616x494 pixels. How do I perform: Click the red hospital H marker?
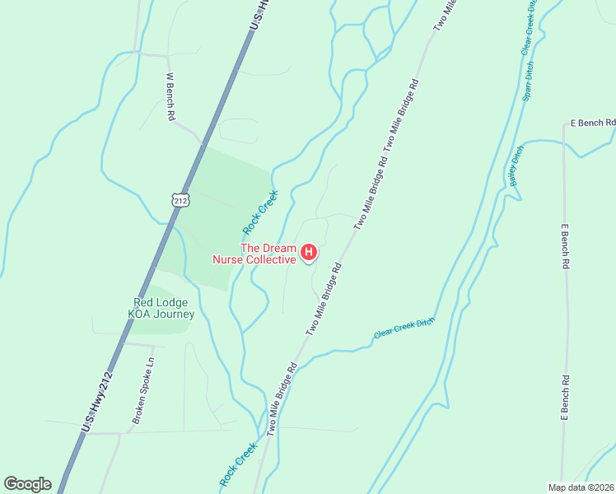[x=309, y=252]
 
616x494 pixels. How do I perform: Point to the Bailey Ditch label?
[x=516, y=166]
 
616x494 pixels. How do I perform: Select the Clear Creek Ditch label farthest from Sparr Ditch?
[x=404, y=328]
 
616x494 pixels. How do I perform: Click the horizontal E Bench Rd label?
[x=593, y=123]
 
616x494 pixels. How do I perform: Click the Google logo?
[x=27, y=484]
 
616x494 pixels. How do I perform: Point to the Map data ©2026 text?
[x=581, y=487]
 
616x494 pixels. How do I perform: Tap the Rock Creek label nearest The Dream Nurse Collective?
[x=260, y=212]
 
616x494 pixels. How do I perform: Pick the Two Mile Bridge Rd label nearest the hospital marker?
[x=324, y=299]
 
